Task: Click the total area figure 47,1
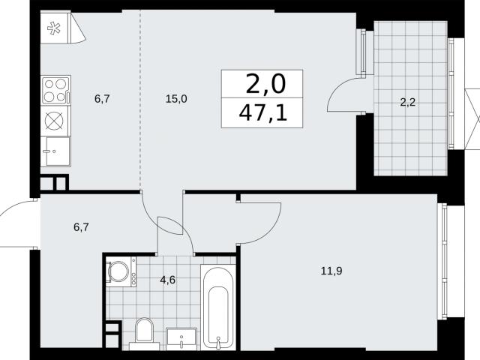pyautogui.click(x=262, y=113)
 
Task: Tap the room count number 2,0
pyautogui.click(x=265, y=84)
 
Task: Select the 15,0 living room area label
pyautogui.click(x=176, y=99)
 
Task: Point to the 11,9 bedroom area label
pyautogui.click(x=331, y=271)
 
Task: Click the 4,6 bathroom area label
pyautogui.click(x=168, y=280)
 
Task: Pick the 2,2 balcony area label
pyautogui.click(x=408, y=102)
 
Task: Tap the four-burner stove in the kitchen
pyautogui.click(x=55, y=90)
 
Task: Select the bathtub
pyautogui.click(x=218, y=307)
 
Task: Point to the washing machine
pyautogui.click(x=121, y=271)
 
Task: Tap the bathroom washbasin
pyautogui.click(x=181, y=339)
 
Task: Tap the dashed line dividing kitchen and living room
pyautogui.click(x=140, y=100)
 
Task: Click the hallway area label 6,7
pyautogui.click(x=81, y=227)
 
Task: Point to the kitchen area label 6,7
pyautogui.click(x=102, y=99)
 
